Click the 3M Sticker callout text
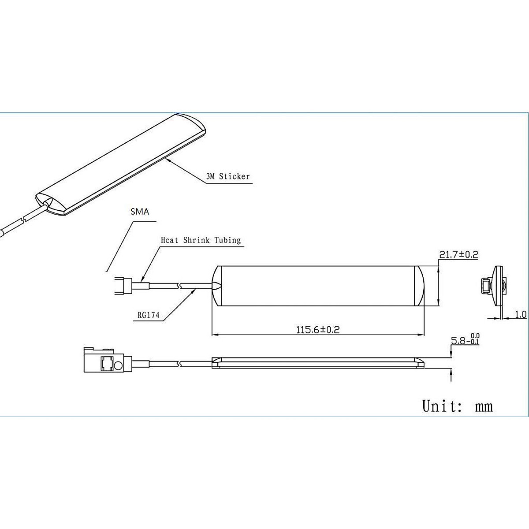(228, 177)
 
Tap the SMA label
(140, 212)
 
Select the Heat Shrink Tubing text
(201, 240)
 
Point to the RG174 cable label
(148, 316)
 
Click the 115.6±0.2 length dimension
(318, 329)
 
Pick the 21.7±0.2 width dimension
(459, 254)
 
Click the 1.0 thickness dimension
(521, 314)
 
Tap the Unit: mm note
(457, 406)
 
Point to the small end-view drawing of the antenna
(494, 286)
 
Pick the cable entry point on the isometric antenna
(46, 204)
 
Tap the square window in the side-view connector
(107, 364)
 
